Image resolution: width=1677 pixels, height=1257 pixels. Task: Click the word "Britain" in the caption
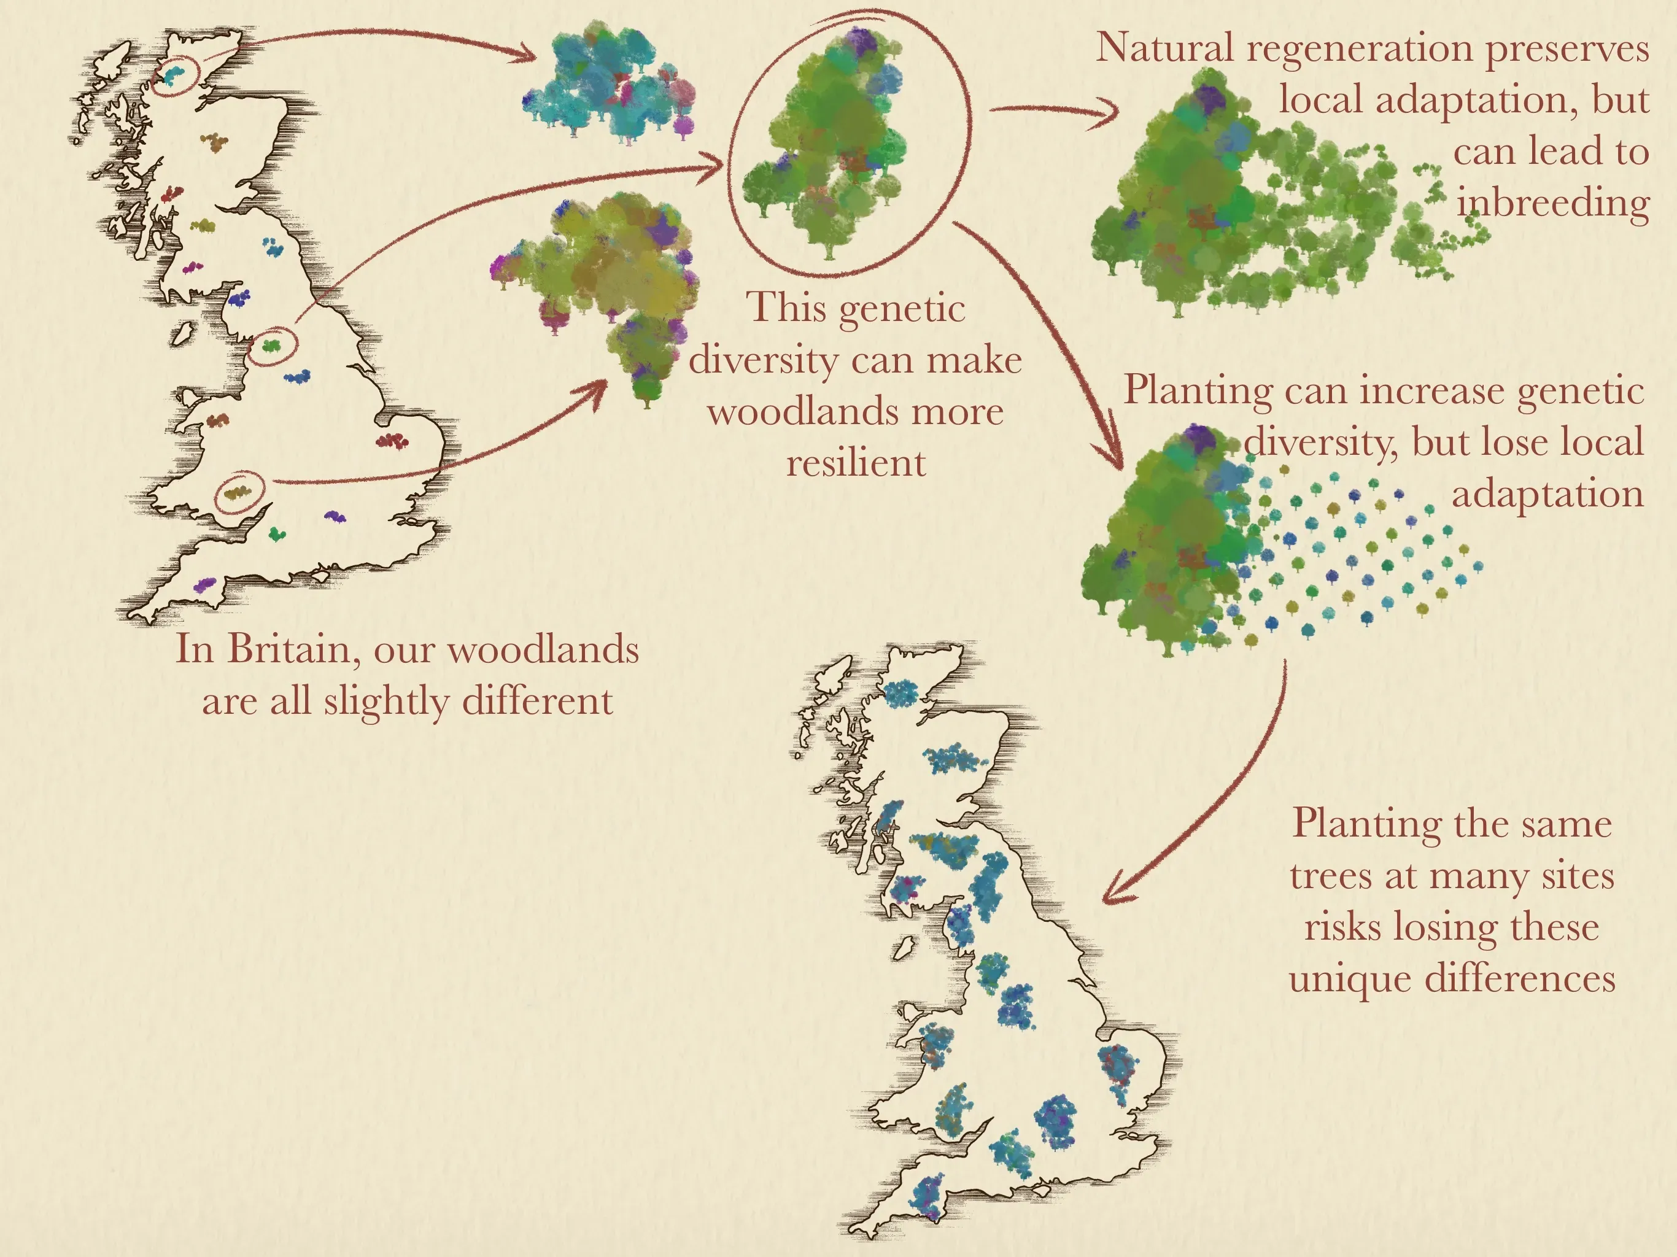click(287, 650)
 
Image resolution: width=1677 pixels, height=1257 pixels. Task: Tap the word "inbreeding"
click(1552, 203)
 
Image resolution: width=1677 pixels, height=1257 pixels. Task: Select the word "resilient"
click(856, 462)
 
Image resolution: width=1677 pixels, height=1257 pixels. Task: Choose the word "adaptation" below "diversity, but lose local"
click(1547, 493)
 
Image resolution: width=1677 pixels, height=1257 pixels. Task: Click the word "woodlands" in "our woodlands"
click(543, 650)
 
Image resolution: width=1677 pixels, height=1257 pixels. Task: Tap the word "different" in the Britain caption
click(536, 700)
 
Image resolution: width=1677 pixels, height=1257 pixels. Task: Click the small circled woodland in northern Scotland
click(175, 74)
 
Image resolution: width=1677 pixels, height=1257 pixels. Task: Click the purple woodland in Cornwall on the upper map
click(204, 584)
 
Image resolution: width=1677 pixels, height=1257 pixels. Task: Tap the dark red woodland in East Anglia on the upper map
click(393, 441)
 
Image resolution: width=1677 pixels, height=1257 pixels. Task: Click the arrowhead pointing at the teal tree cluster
click(529, 55)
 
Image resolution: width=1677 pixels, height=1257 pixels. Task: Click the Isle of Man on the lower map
click(902, 948)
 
